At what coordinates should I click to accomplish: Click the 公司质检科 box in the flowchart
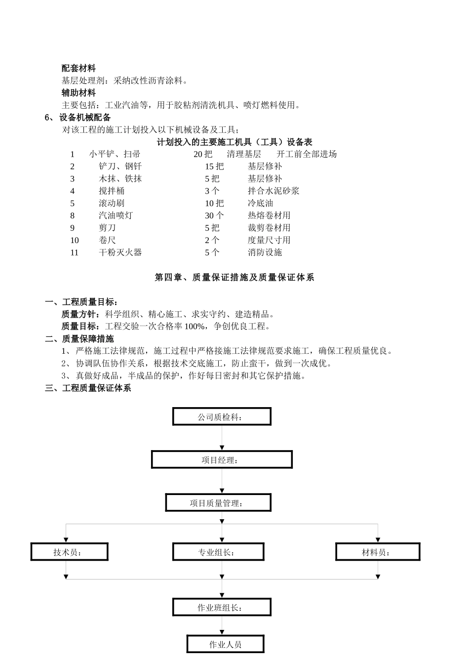(222, 416)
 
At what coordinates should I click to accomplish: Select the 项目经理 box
(222, 459)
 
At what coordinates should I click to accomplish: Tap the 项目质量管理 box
(218, 503)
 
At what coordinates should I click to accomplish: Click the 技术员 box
(69, 552)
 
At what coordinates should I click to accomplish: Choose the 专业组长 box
(218, 552)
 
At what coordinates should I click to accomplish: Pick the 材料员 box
(378, 552)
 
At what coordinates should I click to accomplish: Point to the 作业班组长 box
(222, 607)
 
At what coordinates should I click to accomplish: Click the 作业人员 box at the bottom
(225, 644)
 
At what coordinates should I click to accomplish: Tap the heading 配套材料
(78, 68)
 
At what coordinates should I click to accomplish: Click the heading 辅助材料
(78, 93)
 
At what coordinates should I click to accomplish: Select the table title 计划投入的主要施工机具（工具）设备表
(234, 142)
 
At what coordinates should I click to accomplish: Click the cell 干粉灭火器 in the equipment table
(120, 252)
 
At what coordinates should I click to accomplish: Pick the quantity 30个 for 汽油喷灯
(214, 215)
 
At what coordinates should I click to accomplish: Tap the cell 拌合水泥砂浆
(274, 191)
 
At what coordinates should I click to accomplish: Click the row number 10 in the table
(75, 240)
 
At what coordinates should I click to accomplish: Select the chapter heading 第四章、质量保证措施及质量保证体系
(234, 278)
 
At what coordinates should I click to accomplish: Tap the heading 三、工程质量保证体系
(88, 388)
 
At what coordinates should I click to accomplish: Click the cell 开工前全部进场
(307, 154)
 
